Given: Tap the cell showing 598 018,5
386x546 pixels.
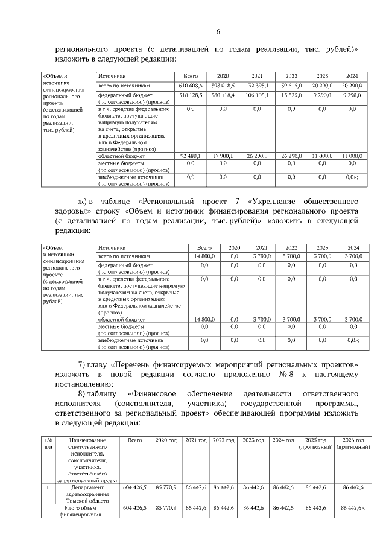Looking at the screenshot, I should point(223,86).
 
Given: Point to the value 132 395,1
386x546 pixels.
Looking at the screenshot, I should point(257,86).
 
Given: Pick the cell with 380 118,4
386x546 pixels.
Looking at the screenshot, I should point(223,95).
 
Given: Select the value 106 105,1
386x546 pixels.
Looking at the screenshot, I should point(257,95).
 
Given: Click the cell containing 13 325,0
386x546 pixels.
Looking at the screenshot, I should point(291,95).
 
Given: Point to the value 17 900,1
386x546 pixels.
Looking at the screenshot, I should point(223,156).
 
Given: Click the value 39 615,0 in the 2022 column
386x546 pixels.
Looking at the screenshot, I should point(291,86).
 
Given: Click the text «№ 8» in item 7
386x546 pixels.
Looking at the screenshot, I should point(271,376).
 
